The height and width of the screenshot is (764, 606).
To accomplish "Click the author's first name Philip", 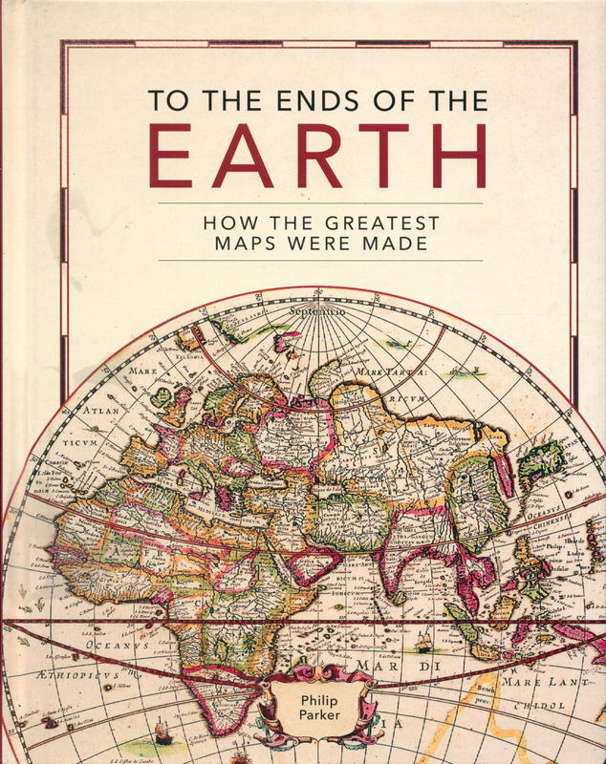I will coord(313,702).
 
